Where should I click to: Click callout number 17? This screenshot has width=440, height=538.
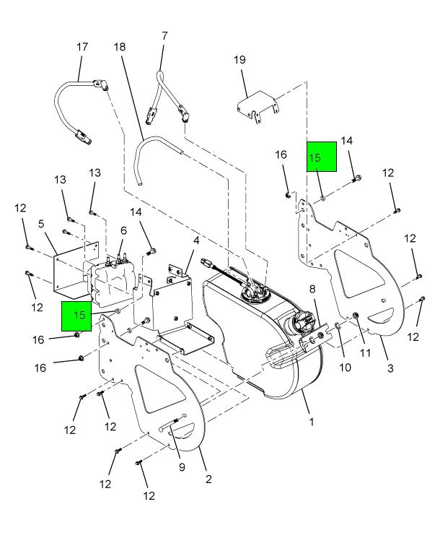tap(82, 47)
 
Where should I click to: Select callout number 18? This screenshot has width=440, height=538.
tap(120, 47)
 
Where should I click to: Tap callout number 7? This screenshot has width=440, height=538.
tap(165, 35)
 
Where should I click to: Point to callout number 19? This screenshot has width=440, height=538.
tap(240, 60)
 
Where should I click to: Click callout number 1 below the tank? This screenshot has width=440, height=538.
tap(312, 421)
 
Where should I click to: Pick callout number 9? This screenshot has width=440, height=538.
tap(182, 467)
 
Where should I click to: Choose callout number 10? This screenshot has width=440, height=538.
tap(345, 368)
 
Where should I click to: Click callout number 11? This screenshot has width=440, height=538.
tap(365, 352)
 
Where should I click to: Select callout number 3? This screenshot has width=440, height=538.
tap(390, 368)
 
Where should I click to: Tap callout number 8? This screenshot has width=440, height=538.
tap(312, 290)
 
